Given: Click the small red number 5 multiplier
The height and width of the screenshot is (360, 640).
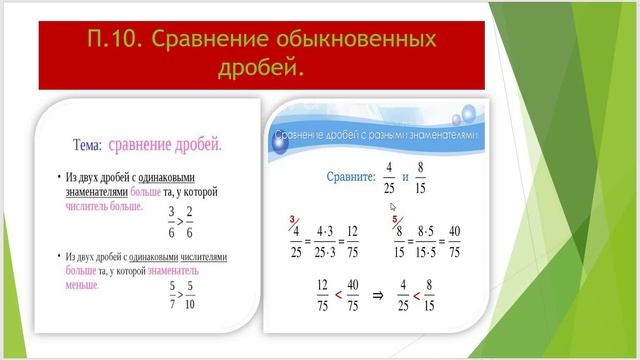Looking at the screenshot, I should [x=394, y=219].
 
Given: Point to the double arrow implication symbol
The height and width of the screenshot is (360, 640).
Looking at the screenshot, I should [x=379, y=297].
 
